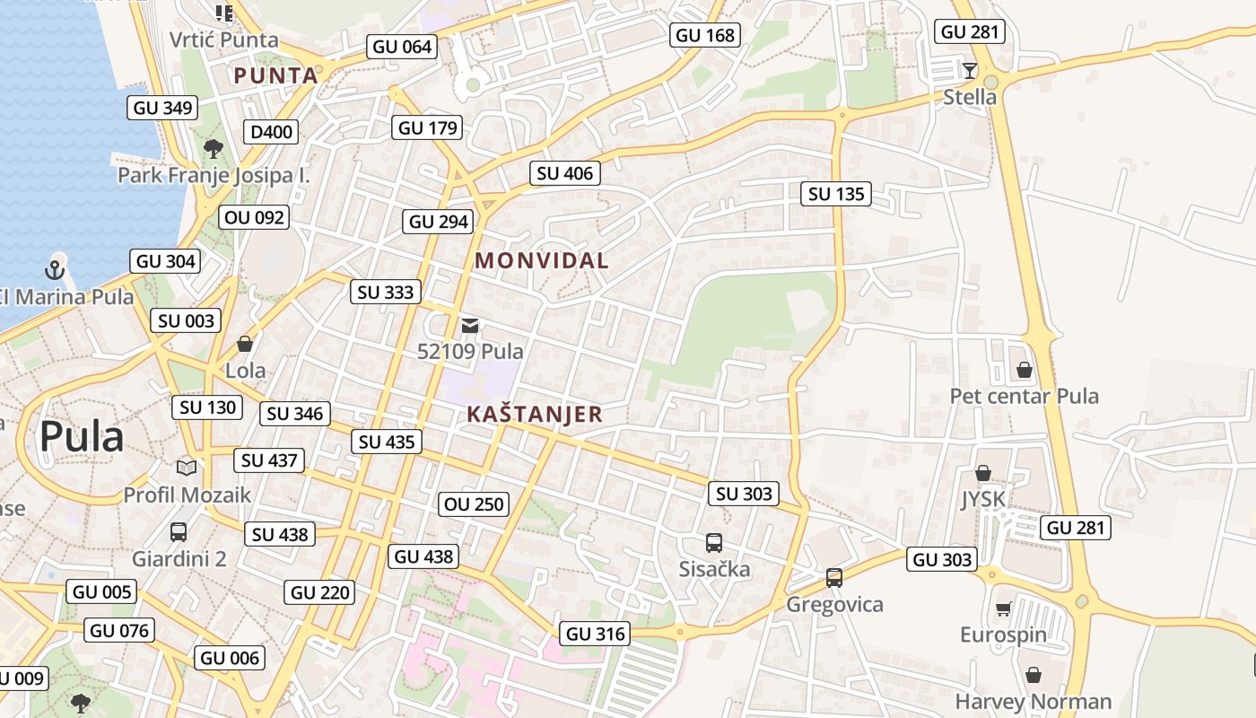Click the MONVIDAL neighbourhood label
[541, 261]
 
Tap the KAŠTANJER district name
[535, 415]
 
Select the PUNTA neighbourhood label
[276, 75]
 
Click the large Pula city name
[82, 437]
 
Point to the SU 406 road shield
[565, 173]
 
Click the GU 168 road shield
[705, 35]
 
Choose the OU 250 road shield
[475, 504]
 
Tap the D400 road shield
[271, 132]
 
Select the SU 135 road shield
[836, 194]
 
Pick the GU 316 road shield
[596, 634]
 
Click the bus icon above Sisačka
[714, 543]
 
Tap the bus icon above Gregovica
[834, 578]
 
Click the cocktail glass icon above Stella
[970, 71]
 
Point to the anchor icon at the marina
[56, 268]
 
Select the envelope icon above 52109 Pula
[470, 326]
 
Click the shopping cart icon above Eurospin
[1003, 609]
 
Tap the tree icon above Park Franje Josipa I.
[213, 149]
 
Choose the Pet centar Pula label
[1025, 396]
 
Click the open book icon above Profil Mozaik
[187, 468]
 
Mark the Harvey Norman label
[1034, 701]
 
